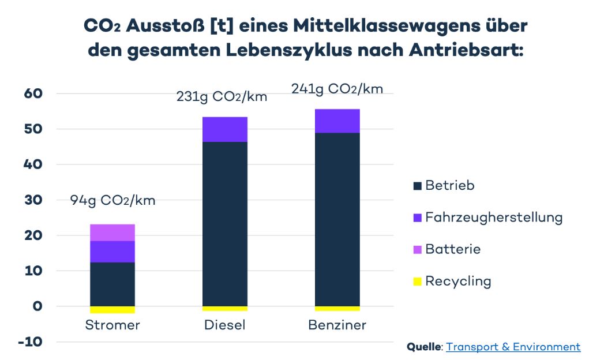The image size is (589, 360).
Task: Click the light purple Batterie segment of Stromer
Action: (x=112, y=232)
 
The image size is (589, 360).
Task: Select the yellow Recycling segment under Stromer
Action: (x=112, y=310)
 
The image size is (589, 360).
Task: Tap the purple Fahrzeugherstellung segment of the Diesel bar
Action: (x=225, y=129)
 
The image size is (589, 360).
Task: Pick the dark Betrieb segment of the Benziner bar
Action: (x=337, y=219)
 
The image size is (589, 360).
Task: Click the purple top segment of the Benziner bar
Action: (x=337, y=121)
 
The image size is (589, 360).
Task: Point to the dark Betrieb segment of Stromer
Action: (x=112, y=284)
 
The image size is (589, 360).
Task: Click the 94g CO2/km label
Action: (x=113, y=201)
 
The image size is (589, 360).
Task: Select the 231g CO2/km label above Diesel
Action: (x=222, y=96)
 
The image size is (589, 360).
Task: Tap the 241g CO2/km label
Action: (x=337, y=89)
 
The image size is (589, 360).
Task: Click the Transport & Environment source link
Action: (x=513, y=347)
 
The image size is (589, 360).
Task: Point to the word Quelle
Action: (x=424, y=347)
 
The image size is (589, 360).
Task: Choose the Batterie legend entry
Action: (x=453, y=249)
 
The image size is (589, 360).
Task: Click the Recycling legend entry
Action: (x=458, y=282)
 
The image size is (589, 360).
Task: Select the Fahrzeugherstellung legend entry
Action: (x=494, y=217)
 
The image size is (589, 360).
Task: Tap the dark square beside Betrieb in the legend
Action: (x=418, y=186)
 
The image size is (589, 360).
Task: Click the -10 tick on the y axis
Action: (x=31, y=342)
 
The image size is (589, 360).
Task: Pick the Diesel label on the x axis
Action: (x=225, y=325)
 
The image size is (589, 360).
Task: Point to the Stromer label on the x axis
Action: (x=112, y=325)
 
